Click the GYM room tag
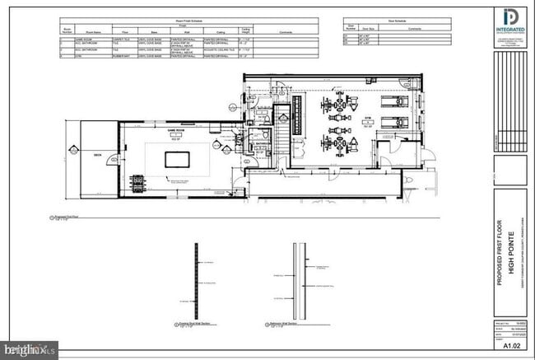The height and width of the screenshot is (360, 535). click(x=368, y=119)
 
